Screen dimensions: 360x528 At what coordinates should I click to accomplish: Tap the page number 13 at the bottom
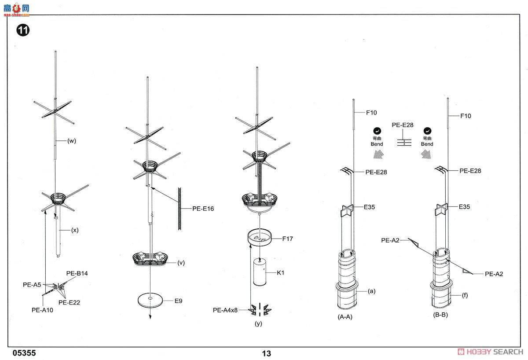[x=266, y=353]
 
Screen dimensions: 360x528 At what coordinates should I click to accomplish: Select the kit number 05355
[x=24, y=353]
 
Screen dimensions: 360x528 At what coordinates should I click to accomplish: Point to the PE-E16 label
[x=203, y=209]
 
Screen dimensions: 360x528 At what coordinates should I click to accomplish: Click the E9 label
[x=178, y=301]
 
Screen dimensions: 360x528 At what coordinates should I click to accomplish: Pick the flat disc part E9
[x=150, y=299]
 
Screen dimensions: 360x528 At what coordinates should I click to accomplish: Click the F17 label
[x=288, y=239]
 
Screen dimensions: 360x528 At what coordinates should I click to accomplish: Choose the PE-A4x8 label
[x=225, y=310]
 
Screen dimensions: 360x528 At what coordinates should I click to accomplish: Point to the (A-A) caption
[x=345, y=316]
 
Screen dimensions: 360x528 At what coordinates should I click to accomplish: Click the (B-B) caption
[x=440, y=315]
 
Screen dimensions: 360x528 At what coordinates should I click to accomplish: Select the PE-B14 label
[x=77, y=273]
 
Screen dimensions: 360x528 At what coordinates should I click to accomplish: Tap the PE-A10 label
[x=42, y=310]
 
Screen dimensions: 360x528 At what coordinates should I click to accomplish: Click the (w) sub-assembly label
[x=72, y=141]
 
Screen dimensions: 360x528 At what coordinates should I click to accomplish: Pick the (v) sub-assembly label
[x=181, y=263]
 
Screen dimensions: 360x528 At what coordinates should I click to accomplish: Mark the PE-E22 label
[x=69, y=302]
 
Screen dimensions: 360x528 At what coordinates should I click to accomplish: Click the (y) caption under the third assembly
[x=258, y=324]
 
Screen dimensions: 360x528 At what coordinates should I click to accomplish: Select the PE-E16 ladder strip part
[x=180, y=208]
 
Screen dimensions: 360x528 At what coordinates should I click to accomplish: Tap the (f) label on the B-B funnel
[x=465, y=296]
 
